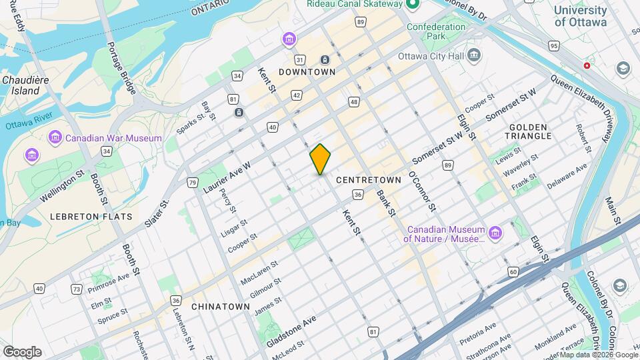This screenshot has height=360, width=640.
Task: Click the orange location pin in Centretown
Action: pyautogui.click(x=321, y=159)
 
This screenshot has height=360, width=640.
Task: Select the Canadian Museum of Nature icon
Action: pyautogui.click(x=495, y=233)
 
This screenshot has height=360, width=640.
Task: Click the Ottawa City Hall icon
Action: pyautogui.click(x=474, y=55)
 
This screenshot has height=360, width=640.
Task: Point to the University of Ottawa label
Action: pyautogui.click(x=580, y=16)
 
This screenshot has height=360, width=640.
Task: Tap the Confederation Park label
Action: pyautogui.click(x=436, y=31)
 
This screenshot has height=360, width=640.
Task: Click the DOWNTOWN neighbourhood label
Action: pyautogui.click(x=307, y=71)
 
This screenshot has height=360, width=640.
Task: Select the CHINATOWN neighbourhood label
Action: pyautogui.click(x=220, y=306)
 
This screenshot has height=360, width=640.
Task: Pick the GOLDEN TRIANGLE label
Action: pyautogui.click(x=530, y=131)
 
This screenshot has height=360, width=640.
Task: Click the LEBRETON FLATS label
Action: pyautogui.click(x=91, y=217)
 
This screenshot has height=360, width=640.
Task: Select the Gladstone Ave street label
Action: pyautogui.click(x=291, y=331)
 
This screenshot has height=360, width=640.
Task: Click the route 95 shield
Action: pyautogui.click(x=553, y=46)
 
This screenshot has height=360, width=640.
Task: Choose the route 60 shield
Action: pyautogui.click(x=513, y=271)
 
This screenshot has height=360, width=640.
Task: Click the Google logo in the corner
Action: pyautogui.click(x=22, y=351)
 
